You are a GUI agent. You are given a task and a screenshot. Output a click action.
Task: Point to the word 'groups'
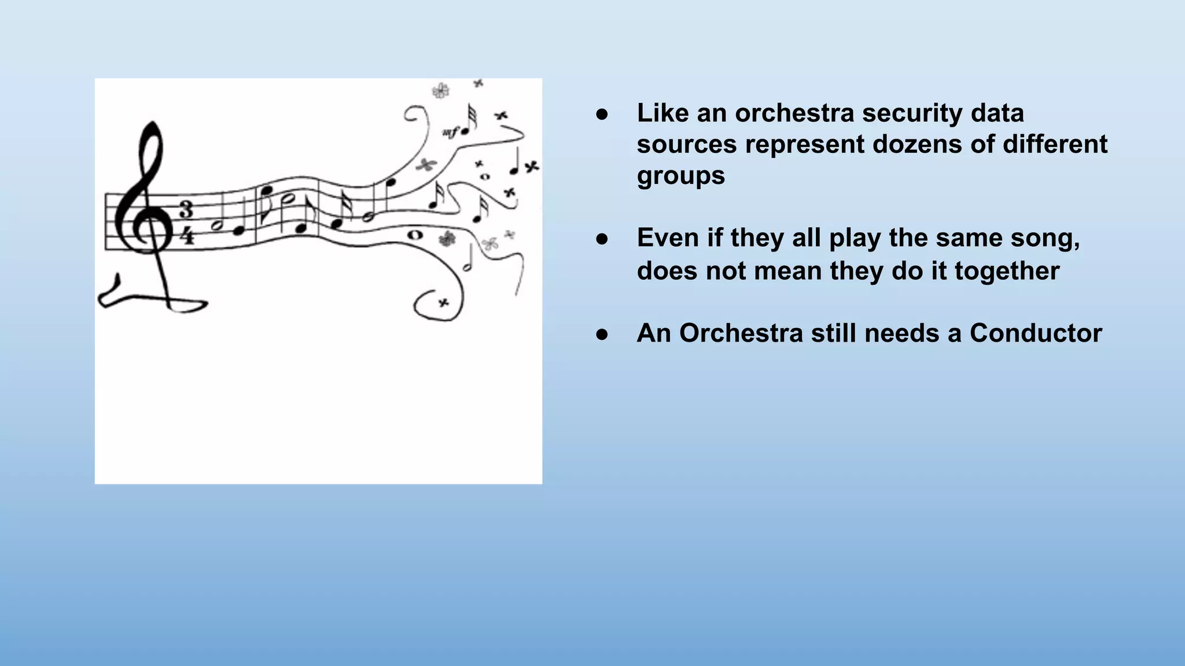[680, 176]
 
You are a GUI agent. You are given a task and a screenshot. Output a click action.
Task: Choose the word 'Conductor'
[1036, 334]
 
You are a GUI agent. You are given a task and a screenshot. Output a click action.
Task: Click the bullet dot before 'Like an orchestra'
[602, 114]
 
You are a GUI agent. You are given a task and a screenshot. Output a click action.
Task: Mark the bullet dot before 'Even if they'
[602, 239]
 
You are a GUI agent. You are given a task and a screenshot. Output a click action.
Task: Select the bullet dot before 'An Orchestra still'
[602, 334]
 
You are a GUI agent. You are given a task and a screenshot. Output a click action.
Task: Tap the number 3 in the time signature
[186, 209]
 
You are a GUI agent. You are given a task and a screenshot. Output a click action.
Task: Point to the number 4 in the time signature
[186, 235]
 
